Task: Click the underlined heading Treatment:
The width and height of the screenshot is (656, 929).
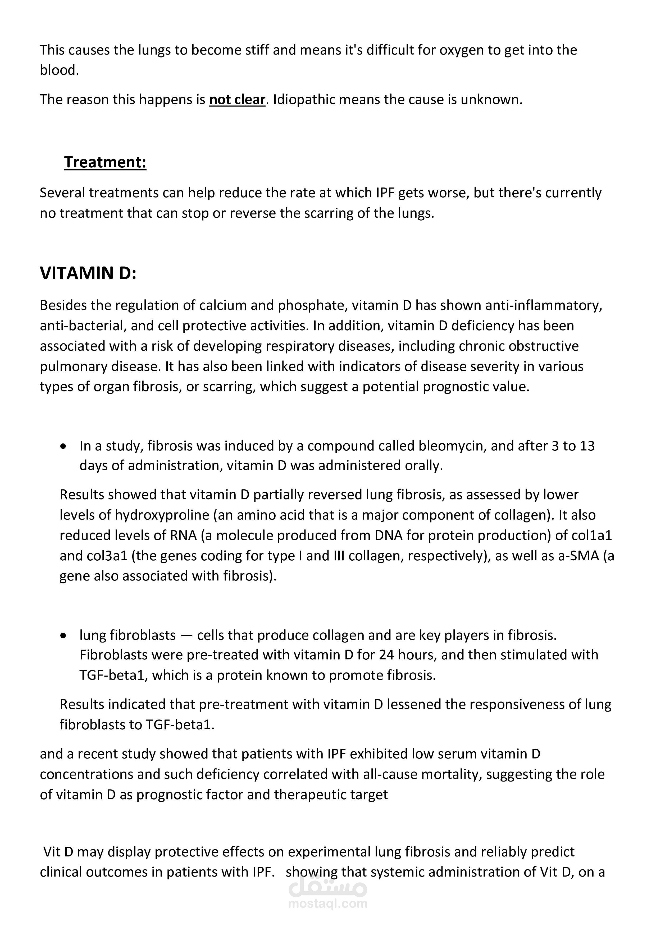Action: click(105, 162)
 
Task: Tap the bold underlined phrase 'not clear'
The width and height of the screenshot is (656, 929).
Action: click(237, 100)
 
